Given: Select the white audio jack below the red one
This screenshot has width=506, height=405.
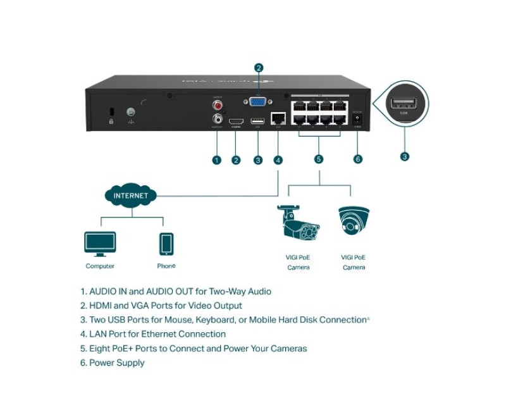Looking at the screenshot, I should [218, 118].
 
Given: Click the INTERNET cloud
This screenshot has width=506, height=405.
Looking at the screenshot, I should [131, 195].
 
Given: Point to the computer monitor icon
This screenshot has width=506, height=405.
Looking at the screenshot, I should [100, 243].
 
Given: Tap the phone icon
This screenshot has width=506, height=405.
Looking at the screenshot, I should [166, 244].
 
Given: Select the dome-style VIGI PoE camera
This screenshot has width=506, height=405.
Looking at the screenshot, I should [354, 222].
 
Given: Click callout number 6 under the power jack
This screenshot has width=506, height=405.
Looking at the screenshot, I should [358, 159].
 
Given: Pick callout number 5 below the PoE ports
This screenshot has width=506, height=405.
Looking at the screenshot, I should [319, 159].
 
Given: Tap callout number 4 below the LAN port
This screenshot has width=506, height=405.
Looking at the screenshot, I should [278, 159].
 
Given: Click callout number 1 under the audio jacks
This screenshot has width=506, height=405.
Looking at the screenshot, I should [217, 159].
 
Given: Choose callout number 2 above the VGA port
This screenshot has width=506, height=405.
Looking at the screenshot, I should [258, 68].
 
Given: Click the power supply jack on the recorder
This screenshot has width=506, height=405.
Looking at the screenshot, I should [357, 118].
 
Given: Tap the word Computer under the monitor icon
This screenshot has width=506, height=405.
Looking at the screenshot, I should [100, 266].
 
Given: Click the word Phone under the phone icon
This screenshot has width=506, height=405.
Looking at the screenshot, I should [166, 266].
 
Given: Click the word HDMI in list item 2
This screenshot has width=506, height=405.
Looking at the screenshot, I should [101, 306].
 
